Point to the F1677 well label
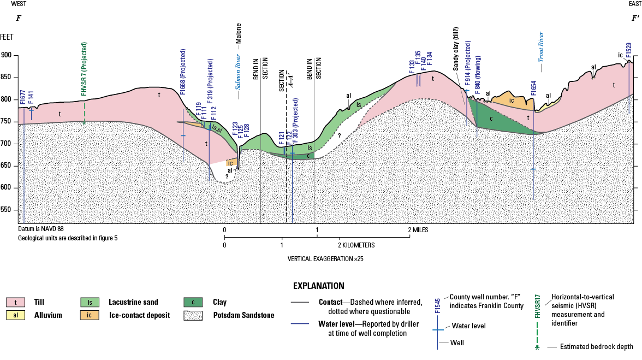[22, 96]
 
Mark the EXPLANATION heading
[319, 286]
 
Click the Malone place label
[238, 33]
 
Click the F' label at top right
[635, 19]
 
